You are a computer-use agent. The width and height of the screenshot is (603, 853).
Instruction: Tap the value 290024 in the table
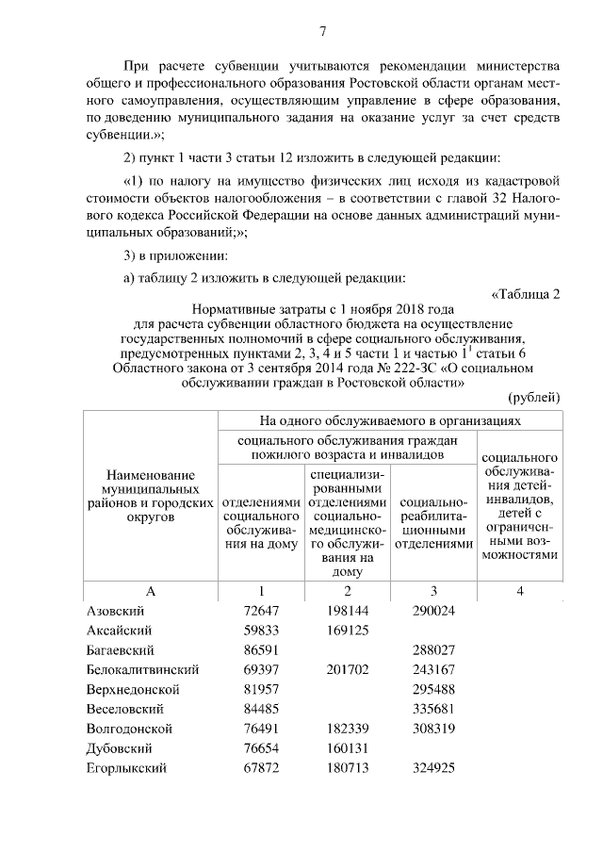click(435, 611)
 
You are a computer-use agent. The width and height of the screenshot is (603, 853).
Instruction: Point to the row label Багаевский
click(120, 650)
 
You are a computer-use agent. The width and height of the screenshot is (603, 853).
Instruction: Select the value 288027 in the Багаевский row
click(435, 650)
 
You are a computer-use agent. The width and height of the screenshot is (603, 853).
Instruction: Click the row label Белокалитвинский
click(142, 670)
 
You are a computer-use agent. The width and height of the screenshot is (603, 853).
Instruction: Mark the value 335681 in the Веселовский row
click(435, 709)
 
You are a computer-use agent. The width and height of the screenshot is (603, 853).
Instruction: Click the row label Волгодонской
click(128, 729)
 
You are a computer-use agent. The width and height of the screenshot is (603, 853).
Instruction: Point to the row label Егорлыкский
click(126, 768)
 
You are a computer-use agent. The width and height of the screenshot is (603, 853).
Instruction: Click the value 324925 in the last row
click(435, 768)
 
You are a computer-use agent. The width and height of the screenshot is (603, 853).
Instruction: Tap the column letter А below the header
click(150, 590)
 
